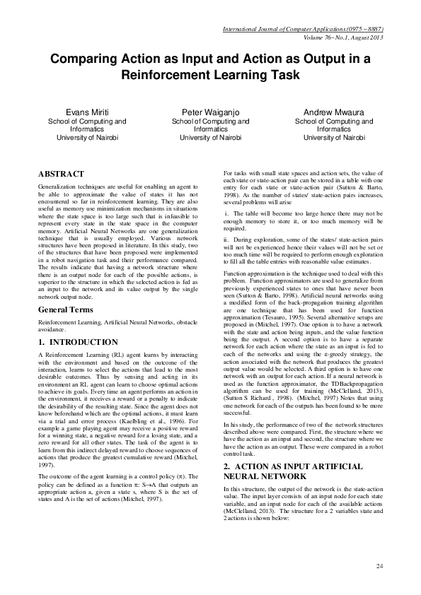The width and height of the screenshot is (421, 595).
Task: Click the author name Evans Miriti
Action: coord(87,112)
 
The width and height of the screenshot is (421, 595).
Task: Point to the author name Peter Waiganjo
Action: coord(210,112)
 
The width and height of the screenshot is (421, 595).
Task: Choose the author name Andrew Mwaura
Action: coord(333,112)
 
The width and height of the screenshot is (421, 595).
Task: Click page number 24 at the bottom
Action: coord(379,566)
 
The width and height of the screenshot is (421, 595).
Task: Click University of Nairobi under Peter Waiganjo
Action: coord(210,138)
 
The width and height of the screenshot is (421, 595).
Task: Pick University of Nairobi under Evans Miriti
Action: coord(87,138)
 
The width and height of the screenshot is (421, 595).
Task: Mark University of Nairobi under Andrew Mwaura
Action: coord(333,138)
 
